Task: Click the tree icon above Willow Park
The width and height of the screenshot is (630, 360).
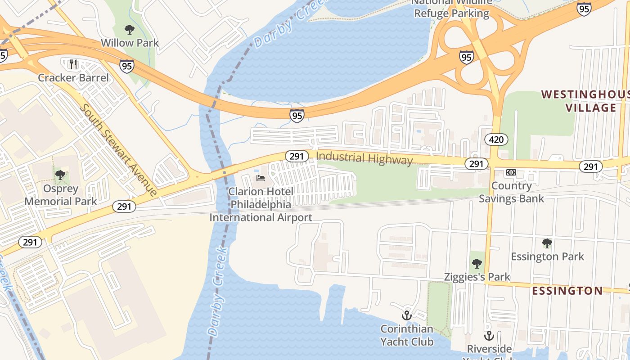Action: coord(130,30)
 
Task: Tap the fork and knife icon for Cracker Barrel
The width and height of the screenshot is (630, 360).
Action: coord(73,64)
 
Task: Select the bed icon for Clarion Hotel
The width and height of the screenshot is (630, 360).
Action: coord(261,178)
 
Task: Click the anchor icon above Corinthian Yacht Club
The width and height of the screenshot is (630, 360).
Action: coord(407,315)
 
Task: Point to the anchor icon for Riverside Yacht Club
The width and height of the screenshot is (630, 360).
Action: coord(489,336)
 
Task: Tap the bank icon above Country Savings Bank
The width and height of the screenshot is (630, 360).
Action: coord(511,172)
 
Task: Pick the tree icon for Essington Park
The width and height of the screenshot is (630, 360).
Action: coord(547,243)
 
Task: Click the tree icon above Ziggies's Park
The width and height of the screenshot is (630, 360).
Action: coord(477,263)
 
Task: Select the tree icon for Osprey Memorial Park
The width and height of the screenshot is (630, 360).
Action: coord(60,175)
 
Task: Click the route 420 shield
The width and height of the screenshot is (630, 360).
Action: coord(496,139)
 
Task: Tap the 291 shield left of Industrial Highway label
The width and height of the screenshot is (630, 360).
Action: coord(297,156)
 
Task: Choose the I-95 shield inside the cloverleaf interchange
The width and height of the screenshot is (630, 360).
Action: coord(467,57)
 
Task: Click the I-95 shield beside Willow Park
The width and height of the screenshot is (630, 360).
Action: coord(127,66)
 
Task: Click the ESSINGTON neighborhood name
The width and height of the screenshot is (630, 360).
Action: coord(567,291)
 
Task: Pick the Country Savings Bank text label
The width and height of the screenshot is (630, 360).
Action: coord(511,192)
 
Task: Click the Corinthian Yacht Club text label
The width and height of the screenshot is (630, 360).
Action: coord(407,335)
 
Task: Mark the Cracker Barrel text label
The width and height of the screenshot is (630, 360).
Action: coord(73,78)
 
